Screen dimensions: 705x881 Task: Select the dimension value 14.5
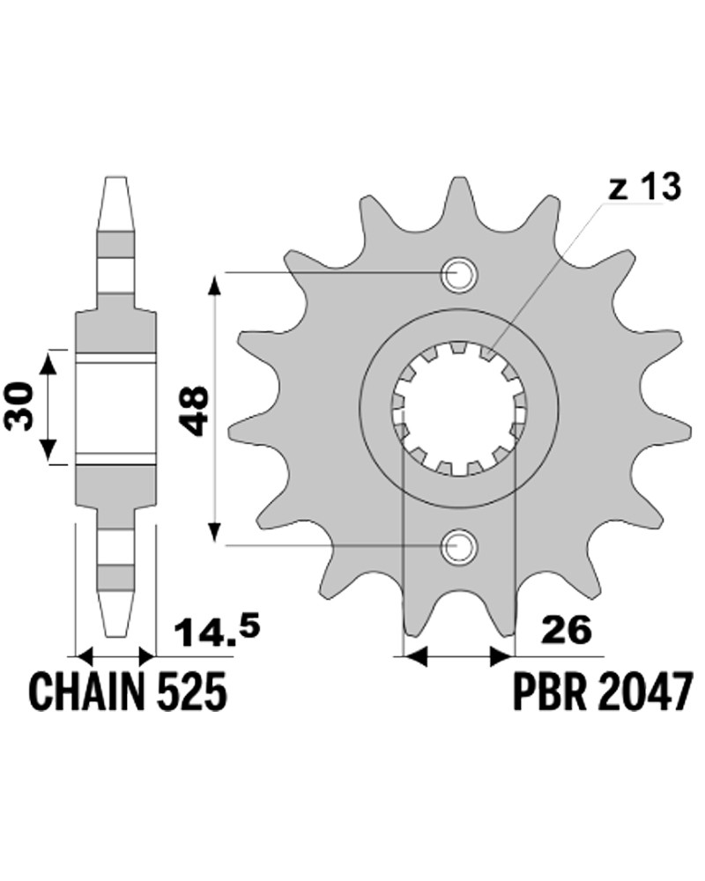pyautogui.click(x=217, y=631)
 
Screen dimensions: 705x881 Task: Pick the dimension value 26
pyautogui.click(x=566, y=630)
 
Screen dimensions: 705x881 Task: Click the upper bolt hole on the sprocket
pyautogui.click(x=460, y=275)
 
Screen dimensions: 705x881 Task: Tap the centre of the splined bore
pyautogui.click(x=459, y=410)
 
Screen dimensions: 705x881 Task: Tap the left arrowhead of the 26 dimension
pyautogui.click(x=415, y=655)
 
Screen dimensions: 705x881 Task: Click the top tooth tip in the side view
pyautogui.click(x=115, y=178)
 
